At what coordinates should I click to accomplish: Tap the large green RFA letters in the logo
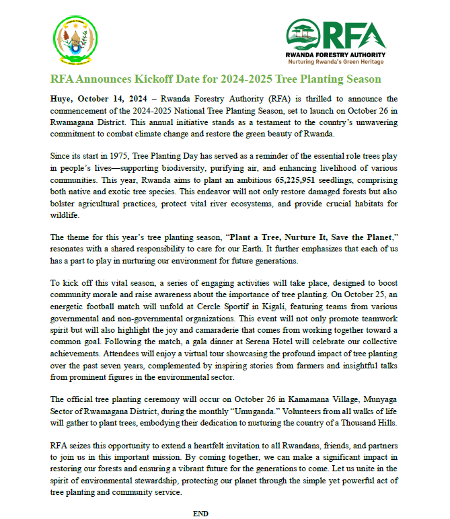(x=355, y=33)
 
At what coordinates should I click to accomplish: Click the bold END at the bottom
(x=200, y=513)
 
